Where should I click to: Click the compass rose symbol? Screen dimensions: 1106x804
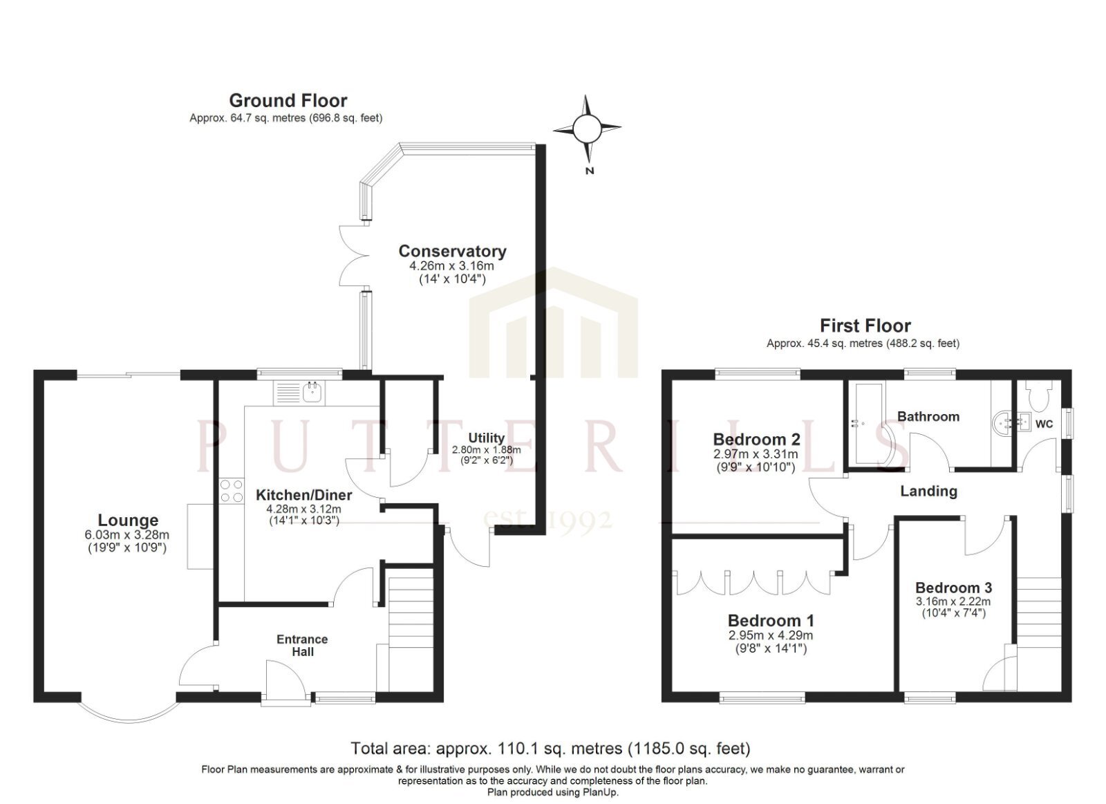coord(587,129)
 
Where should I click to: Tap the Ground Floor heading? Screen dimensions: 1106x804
coord(288,101)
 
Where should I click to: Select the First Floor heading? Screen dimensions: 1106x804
coord(865,326)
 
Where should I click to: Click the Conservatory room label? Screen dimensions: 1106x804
coord(452,252)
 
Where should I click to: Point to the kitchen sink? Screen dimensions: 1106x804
coord(313,393)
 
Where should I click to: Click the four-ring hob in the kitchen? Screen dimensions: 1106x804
coord(232,491)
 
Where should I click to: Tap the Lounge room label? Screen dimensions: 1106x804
coord(128,520)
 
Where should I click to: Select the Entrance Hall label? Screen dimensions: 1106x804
coord(302,646)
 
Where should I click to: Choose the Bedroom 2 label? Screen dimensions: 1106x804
coord(756,439)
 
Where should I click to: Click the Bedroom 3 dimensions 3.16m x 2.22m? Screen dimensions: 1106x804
coord(953,602)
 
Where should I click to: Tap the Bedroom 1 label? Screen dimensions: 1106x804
coord(771,621)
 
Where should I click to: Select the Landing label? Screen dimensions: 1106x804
coord(928,492)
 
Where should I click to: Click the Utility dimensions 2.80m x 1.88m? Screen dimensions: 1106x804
coord(487,450)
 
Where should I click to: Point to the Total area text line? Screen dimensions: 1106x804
coord(550,749)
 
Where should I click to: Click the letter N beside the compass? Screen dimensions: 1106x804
coord(589,171)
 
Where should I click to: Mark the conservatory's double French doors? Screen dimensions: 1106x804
coord(355,255)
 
